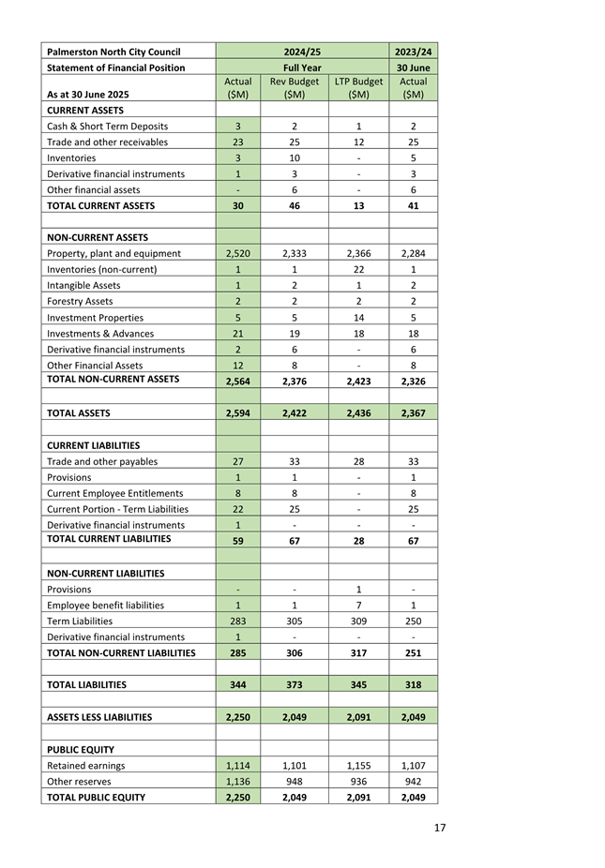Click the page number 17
(439, 828)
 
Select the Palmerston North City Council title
(113, 52)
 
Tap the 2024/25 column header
(302, 52)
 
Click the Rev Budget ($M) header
(295, 88)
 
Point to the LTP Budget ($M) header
(358, 88)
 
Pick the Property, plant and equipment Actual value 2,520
(238, 253)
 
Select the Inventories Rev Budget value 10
(295, 157)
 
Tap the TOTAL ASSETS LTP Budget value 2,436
(358, 412)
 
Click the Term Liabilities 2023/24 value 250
(413, 621)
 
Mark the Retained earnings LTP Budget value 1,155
(358, 765)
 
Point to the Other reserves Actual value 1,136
(238, 781)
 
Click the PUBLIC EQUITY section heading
(81, 749)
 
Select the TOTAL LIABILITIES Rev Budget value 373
(295, 684)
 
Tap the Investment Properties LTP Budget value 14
(358, 317)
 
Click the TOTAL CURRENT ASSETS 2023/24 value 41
(413, 205)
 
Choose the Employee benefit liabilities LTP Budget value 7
(358, 605)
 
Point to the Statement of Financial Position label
(115, 67)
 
